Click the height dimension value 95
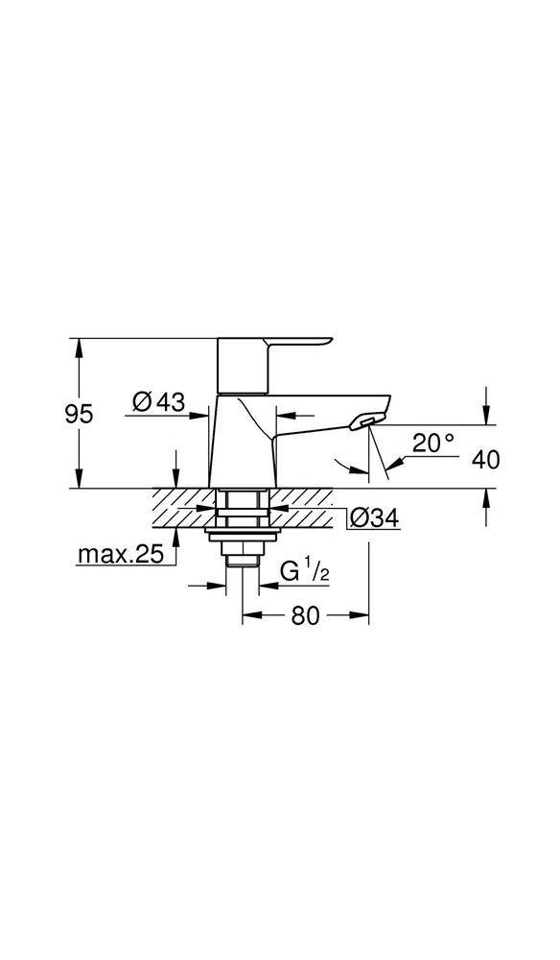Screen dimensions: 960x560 tap(79, 414)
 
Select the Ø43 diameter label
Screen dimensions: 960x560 tap(159, 402)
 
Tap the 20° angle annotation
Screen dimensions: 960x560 tap(432, 443)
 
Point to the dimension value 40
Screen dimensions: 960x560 tap(486, 460)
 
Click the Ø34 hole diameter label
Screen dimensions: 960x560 tap(373, 518)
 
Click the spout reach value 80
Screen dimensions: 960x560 tap(304, 616)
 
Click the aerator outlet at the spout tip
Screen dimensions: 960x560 tap(364, 422)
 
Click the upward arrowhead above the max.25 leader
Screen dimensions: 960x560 tap(176, 534)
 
